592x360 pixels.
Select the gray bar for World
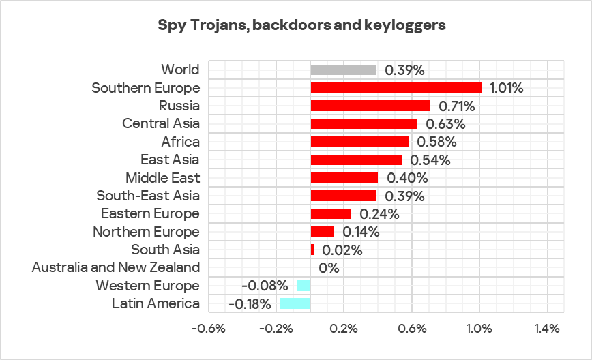tap(343, 70)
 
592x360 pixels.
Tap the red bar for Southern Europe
tap(396, 88)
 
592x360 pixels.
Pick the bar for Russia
tap(370, 106)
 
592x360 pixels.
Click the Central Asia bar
tap(364, 123)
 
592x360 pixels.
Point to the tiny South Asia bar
tap(312, 250)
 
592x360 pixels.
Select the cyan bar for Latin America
tap(295, 303)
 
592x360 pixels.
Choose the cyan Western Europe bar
tap(304, 286)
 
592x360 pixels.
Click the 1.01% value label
tap(506, 88)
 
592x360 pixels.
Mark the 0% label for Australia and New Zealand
tap(329, 268)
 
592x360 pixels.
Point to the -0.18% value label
tap(250, 303)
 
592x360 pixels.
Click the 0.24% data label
tap(376, 213)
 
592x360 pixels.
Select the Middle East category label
tap(162, 178)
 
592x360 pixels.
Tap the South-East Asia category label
tap(148, 196)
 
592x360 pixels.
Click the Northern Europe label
tap(146, 232)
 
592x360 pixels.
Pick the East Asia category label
tap(170, 160)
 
